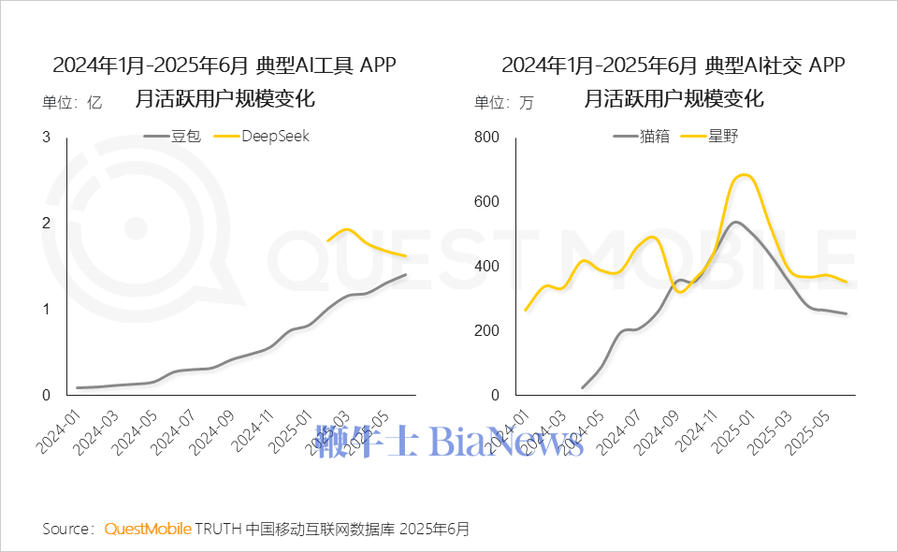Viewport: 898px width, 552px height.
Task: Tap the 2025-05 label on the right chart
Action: tap(811, 429)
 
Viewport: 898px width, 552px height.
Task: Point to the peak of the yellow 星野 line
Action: tap(743, 175)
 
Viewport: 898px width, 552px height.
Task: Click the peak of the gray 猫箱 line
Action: tap(736, 222)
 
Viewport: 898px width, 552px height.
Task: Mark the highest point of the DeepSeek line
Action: tap(346, 228)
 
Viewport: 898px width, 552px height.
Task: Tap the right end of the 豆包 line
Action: tap(406, 274)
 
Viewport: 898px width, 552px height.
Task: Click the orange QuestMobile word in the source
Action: tap(148, 530)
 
